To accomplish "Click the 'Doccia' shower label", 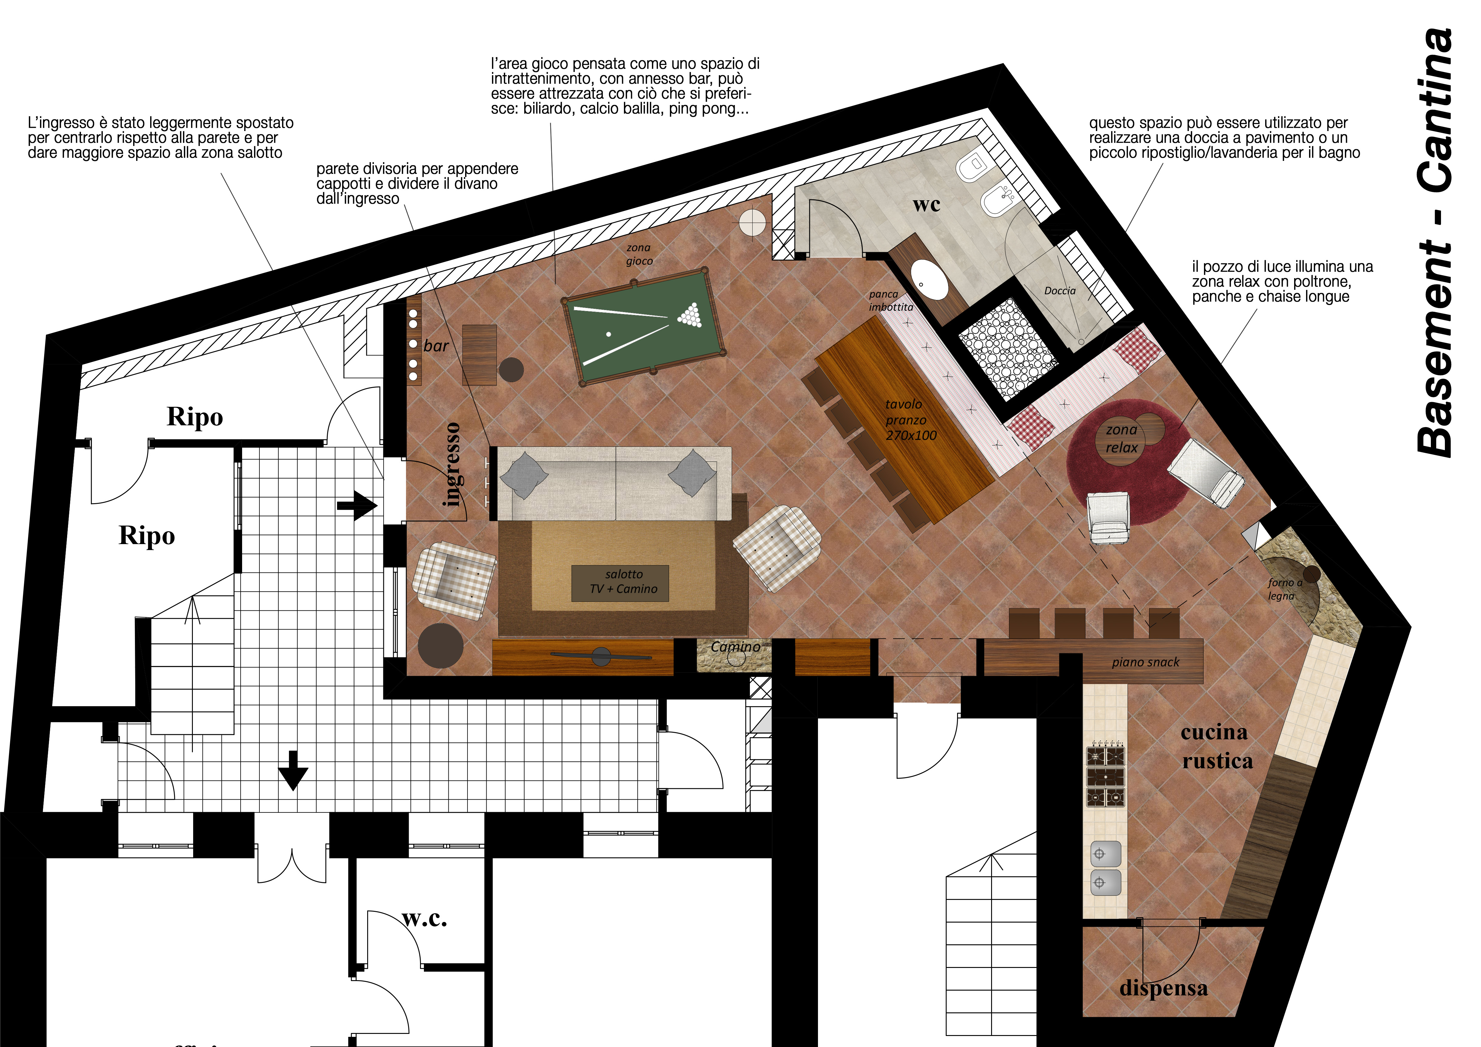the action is pyautogui.click(x=1060, y=291).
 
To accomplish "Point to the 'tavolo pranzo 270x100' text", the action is pyautogui.click(x=910, y=420).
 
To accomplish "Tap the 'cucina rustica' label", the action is pyautogui.click(x=1217, y=746).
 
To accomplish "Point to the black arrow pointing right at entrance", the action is pyautogui.click(x=357, y=506).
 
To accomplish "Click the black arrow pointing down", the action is pyautogui.click(x=293, y=770).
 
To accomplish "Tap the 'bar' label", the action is pyautogui.click(x=436, y=346).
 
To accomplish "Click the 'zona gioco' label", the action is pyautogui.click(x=639, y=254).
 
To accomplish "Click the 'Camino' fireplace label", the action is pyautogui.click(x=735, y=647).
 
